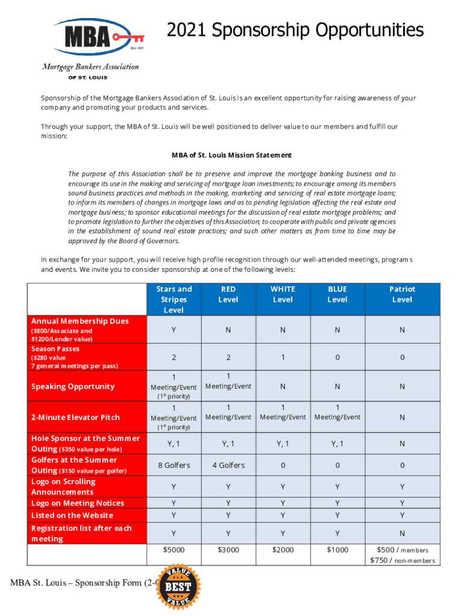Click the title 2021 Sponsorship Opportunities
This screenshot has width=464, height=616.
coord(295,30)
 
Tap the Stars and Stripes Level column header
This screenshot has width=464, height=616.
coord(174,299)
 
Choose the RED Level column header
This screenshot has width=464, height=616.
coord(228,294)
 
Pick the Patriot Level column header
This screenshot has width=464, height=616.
coord(402,294)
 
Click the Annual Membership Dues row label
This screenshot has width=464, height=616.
coord(80,321)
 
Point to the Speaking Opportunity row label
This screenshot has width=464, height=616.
coord(72,386)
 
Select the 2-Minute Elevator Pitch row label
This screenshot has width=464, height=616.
coord(75,417)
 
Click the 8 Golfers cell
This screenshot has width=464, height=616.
coord(174,465)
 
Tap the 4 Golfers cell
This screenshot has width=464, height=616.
coord(228,465)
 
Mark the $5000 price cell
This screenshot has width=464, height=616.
coord(174,549)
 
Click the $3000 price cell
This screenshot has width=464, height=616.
coord(228,549)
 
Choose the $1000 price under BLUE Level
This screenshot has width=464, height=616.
coord(337,549)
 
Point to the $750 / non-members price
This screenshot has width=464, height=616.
coord(402,561)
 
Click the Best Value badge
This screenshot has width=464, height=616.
coord(179,586)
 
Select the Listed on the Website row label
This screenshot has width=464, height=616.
coord(72,516)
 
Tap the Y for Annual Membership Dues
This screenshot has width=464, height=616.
coord(174,330)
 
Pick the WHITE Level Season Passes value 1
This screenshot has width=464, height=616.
coord(283,357)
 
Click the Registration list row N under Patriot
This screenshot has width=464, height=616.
coord(402,533)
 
